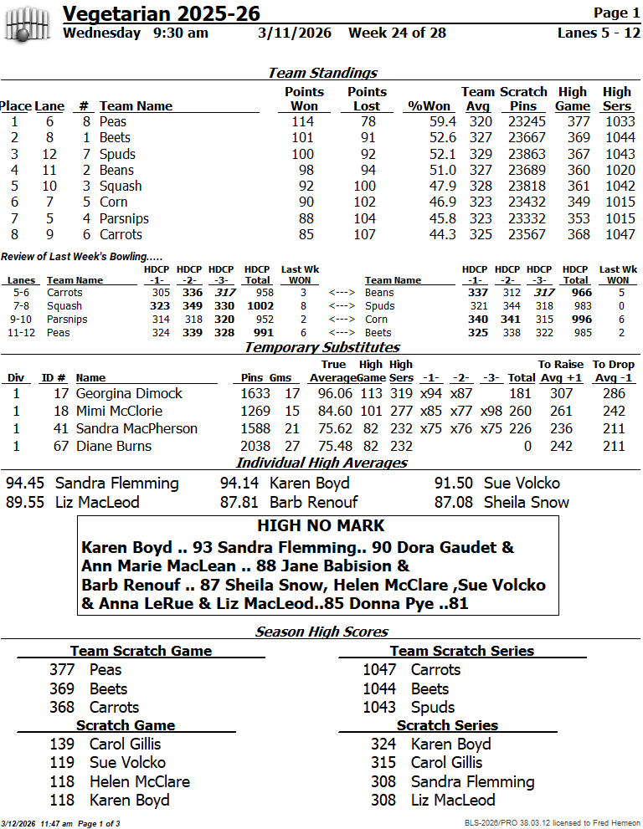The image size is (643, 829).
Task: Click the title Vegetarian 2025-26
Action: (x=162, y=13)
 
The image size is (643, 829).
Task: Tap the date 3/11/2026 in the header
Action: (x=295, y=33)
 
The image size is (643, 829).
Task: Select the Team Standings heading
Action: (x=322, y=73)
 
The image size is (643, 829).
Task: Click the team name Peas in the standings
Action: (x=113, y=122)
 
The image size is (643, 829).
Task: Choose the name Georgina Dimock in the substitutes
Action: (x=129, y=394)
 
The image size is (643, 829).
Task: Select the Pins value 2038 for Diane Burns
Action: (x=256, y=447)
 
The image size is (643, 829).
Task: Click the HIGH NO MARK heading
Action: (x=321, y=526)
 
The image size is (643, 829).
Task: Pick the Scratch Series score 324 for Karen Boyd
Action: (x=383, y=745)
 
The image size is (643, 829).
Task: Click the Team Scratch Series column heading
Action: (x=461, y=651)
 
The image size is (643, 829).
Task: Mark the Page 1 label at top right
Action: (x=616, y=13)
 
